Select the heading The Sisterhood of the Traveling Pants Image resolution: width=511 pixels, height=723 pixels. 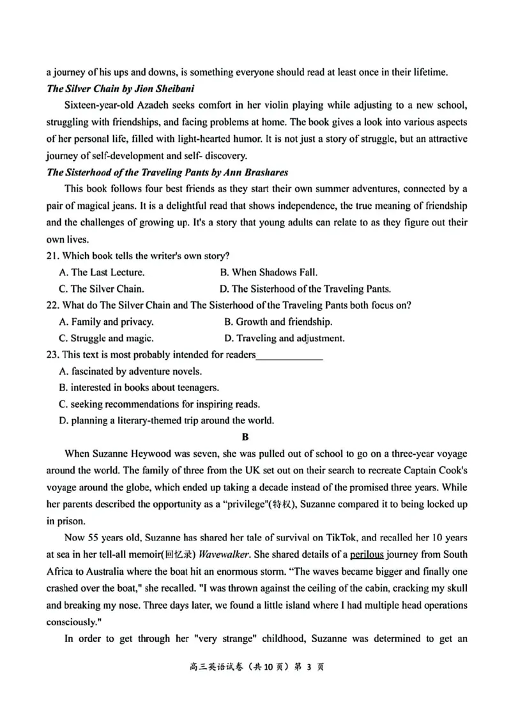[168, 172]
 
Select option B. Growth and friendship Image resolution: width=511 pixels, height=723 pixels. [278, 322]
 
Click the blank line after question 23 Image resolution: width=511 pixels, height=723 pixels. [289, 355]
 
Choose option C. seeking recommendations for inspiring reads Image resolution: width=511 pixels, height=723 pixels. [159, 404]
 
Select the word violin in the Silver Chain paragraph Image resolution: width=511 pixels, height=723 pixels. [266, 105]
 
